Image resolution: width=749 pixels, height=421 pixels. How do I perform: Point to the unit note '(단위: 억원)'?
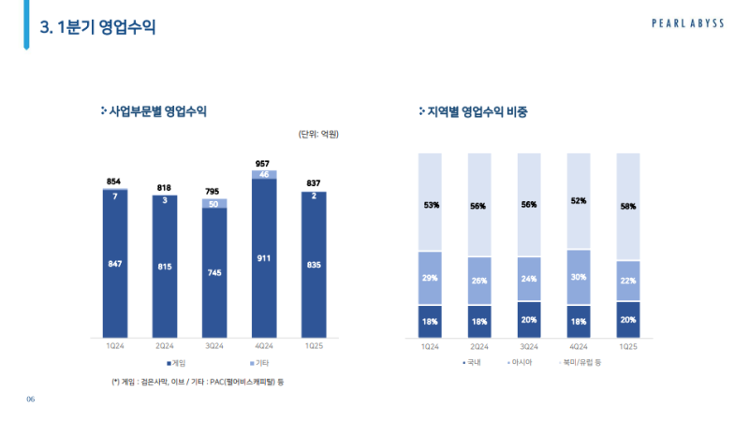click(318, 135)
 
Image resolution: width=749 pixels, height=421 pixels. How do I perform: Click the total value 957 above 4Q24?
click(264, 164)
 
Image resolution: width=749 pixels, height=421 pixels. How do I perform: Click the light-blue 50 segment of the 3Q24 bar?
click(214, 204)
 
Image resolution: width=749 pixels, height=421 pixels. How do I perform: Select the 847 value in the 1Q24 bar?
click(114, 265)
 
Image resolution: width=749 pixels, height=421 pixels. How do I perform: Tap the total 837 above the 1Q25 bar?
click(314, 182)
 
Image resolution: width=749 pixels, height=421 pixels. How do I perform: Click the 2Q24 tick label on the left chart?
click(164, 346)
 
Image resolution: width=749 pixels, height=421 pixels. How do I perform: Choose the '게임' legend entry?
click(178, 362)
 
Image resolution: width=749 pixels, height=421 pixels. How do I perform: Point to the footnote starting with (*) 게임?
click(198, 382)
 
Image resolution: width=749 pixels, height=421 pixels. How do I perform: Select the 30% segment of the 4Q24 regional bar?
click(579, 277)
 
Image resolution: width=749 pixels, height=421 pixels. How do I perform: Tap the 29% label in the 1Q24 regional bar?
click(430, 278)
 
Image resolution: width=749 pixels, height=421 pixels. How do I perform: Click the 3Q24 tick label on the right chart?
click(529, 346)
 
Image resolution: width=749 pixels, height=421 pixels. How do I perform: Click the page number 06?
click(30, 400)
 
